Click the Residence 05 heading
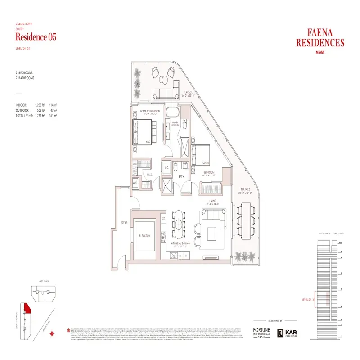click(x=36, y=37)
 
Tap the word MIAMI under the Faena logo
click(x=320, y=52)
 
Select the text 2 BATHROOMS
click(x=25, y=78)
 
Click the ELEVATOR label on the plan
click(x=144, y=236)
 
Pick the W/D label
click(x=135, y=183)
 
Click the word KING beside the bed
click(x=148, y=142)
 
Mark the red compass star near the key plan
click(x=54, y=333)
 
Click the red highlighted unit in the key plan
click(x=27, y=308)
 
